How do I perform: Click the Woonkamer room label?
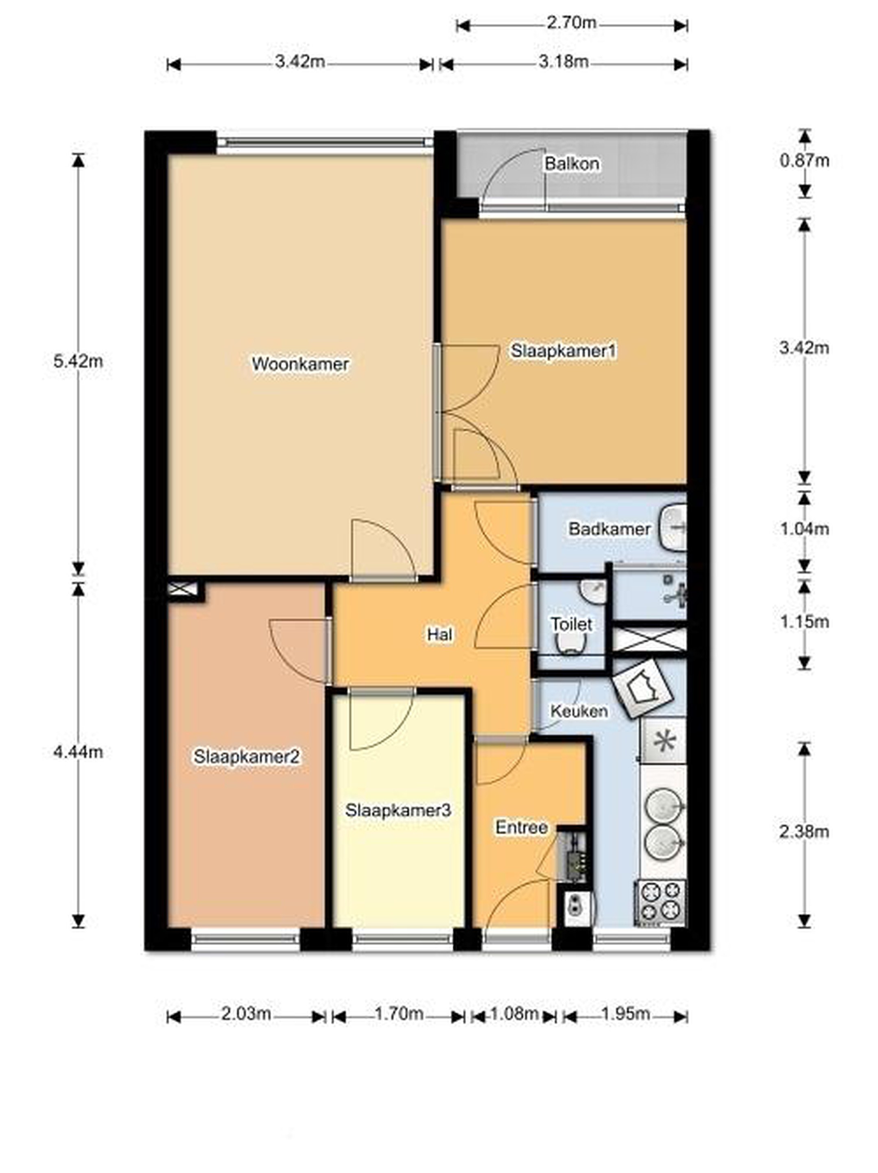(x=300, y=364)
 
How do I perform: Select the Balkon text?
(x=572, y=163)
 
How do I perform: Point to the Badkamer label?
(x=609, y=528)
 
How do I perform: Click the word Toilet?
(x=571, y=624)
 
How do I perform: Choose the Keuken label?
(x=579, y=711)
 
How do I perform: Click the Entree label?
(x=522, y=827)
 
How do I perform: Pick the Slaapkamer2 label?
(x=247, y=756)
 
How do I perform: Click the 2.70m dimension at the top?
(x=571, y=23)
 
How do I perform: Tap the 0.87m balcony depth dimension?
(x=804, y=160)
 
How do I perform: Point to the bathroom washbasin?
(x=673, y=528)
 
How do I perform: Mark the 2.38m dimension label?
(x=804, y=832)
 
